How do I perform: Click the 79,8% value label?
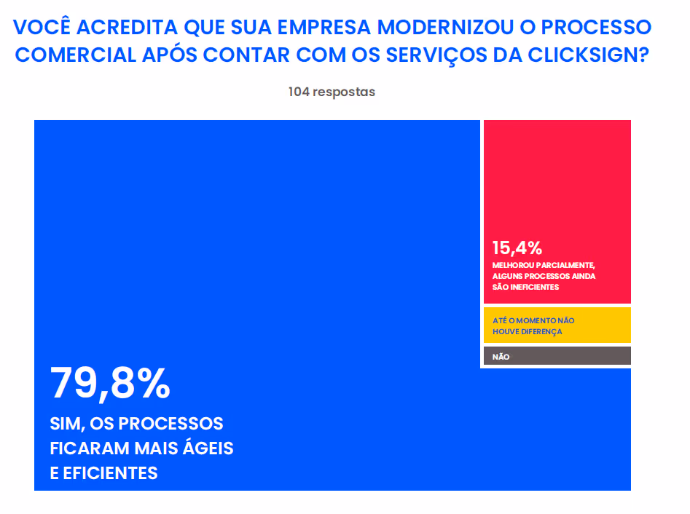(x=110, y=384)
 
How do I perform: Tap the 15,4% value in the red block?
(x=517, y=248)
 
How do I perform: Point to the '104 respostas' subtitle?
(x=332, y=92)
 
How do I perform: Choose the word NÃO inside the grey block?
(x=501, y=357)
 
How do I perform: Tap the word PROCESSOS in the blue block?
(x=171, y=423)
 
